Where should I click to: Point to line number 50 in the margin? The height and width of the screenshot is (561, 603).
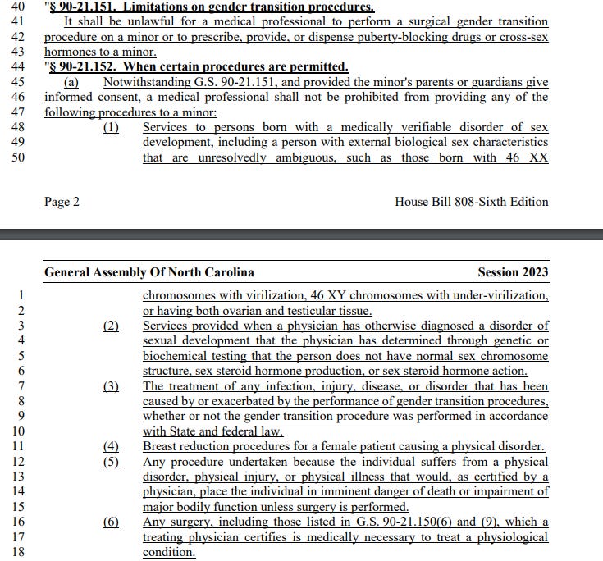tap(17, 157)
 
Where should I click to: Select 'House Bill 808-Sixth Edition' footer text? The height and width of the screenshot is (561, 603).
tap(471, 202)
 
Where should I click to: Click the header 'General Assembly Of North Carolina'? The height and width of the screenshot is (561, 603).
tap(148, 272)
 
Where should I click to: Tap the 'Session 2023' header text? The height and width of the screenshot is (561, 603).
tap(513, 272)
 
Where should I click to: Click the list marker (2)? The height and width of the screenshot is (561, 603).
tap(111, 326)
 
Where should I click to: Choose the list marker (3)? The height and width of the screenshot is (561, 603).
tap(111, 386)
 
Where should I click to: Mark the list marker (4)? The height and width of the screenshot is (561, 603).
tap(111, 446)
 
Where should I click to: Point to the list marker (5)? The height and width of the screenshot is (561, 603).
tap(111, 461)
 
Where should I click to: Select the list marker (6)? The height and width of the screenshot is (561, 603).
tap(111, 522)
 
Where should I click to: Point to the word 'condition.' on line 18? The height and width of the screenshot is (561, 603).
tap(169, 552)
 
